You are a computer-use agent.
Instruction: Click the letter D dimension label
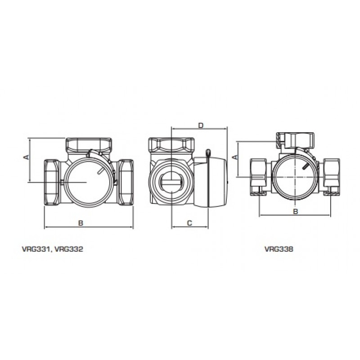click(x=201, y=126)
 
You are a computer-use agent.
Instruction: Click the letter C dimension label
click(x=189, y=223)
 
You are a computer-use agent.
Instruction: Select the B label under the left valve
click(x=81, y=223)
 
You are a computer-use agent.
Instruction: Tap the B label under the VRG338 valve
click(x=296, y=211)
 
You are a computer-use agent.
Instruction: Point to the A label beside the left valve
click(x=27, y=157)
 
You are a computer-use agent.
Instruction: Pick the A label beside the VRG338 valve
click(x=235, y=157)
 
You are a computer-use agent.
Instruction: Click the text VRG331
click(x=36, y=249)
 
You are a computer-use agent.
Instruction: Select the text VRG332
click(x=69, y=249)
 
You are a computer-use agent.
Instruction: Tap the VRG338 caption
click(x=279, y=249)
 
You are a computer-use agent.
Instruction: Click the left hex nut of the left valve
click(x=52, y=182)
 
